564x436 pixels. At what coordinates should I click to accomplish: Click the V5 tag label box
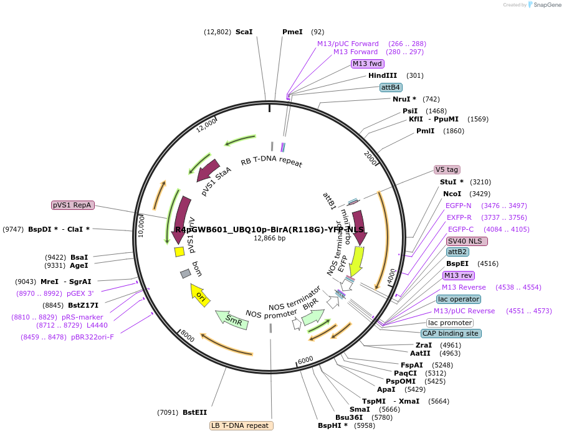coord(446,169)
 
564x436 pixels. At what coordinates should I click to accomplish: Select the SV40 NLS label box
coord(467,241)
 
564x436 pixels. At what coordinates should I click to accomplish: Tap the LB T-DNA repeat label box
coord(241,426)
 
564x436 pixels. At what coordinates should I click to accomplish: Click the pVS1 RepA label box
coord(72,205)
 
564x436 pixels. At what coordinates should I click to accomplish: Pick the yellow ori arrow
coord(199,295)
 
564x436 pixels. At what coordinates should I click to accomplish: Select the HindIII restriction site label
coord(382,75)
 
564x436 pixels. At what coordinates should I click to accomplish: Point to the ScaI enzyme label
coord(244,32)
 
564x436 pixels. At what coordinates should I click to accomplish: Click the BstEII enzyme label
coord(194,412)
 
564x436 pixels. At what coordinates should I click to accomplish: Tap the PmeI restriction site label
coord(292,32)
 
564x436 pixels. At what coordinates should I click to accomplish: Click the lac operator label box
coord(458,299)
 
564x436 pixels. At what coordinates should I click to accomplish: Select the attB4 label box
coord(391,87)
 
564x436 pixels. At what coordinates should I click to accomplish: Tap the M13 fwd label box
coord(367,64)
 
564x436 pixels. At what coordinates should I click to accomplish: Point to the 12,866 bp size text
coord(269,238)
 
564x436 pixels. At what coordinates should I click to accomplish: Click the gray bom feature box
coord(185,273)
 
